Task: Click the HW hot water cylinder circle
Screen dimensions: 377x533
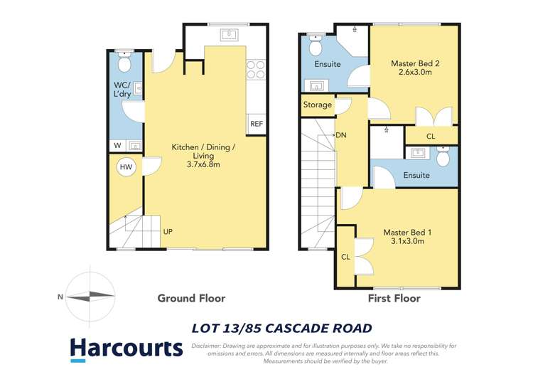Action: tap(126, 167)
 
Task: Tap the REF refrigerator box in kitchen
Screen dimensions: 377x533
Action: tap(256, 124)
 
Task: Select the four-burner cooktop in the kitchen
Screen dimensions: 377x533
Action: tap(255, 69)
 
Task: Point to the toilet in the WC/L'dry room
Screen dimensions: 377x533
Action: tap(125, 63)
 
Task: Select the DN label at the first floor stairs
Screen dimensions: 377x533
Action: tap(341, 135)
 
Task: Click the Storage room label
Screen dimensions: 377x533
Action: tap(317, 105)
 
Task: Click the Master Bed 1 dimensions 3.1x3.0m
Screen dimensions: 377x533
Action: tap(404, 241)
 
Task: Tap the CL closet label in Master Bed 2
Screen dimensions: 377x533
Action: tap(431, 137)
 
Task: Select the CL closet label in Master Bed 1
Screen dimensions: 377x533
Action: tap(345, 257)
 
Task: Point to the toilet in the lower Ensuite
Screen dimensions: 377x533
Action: tap(443, 156)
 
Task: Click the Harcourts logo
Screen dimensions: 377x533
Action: tap(126, 348)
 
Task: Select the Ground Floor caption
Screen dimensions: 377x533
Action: tap(191, 298)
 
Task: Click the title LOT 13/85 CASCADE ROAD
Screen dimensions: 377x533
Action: tap(282, 328)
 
